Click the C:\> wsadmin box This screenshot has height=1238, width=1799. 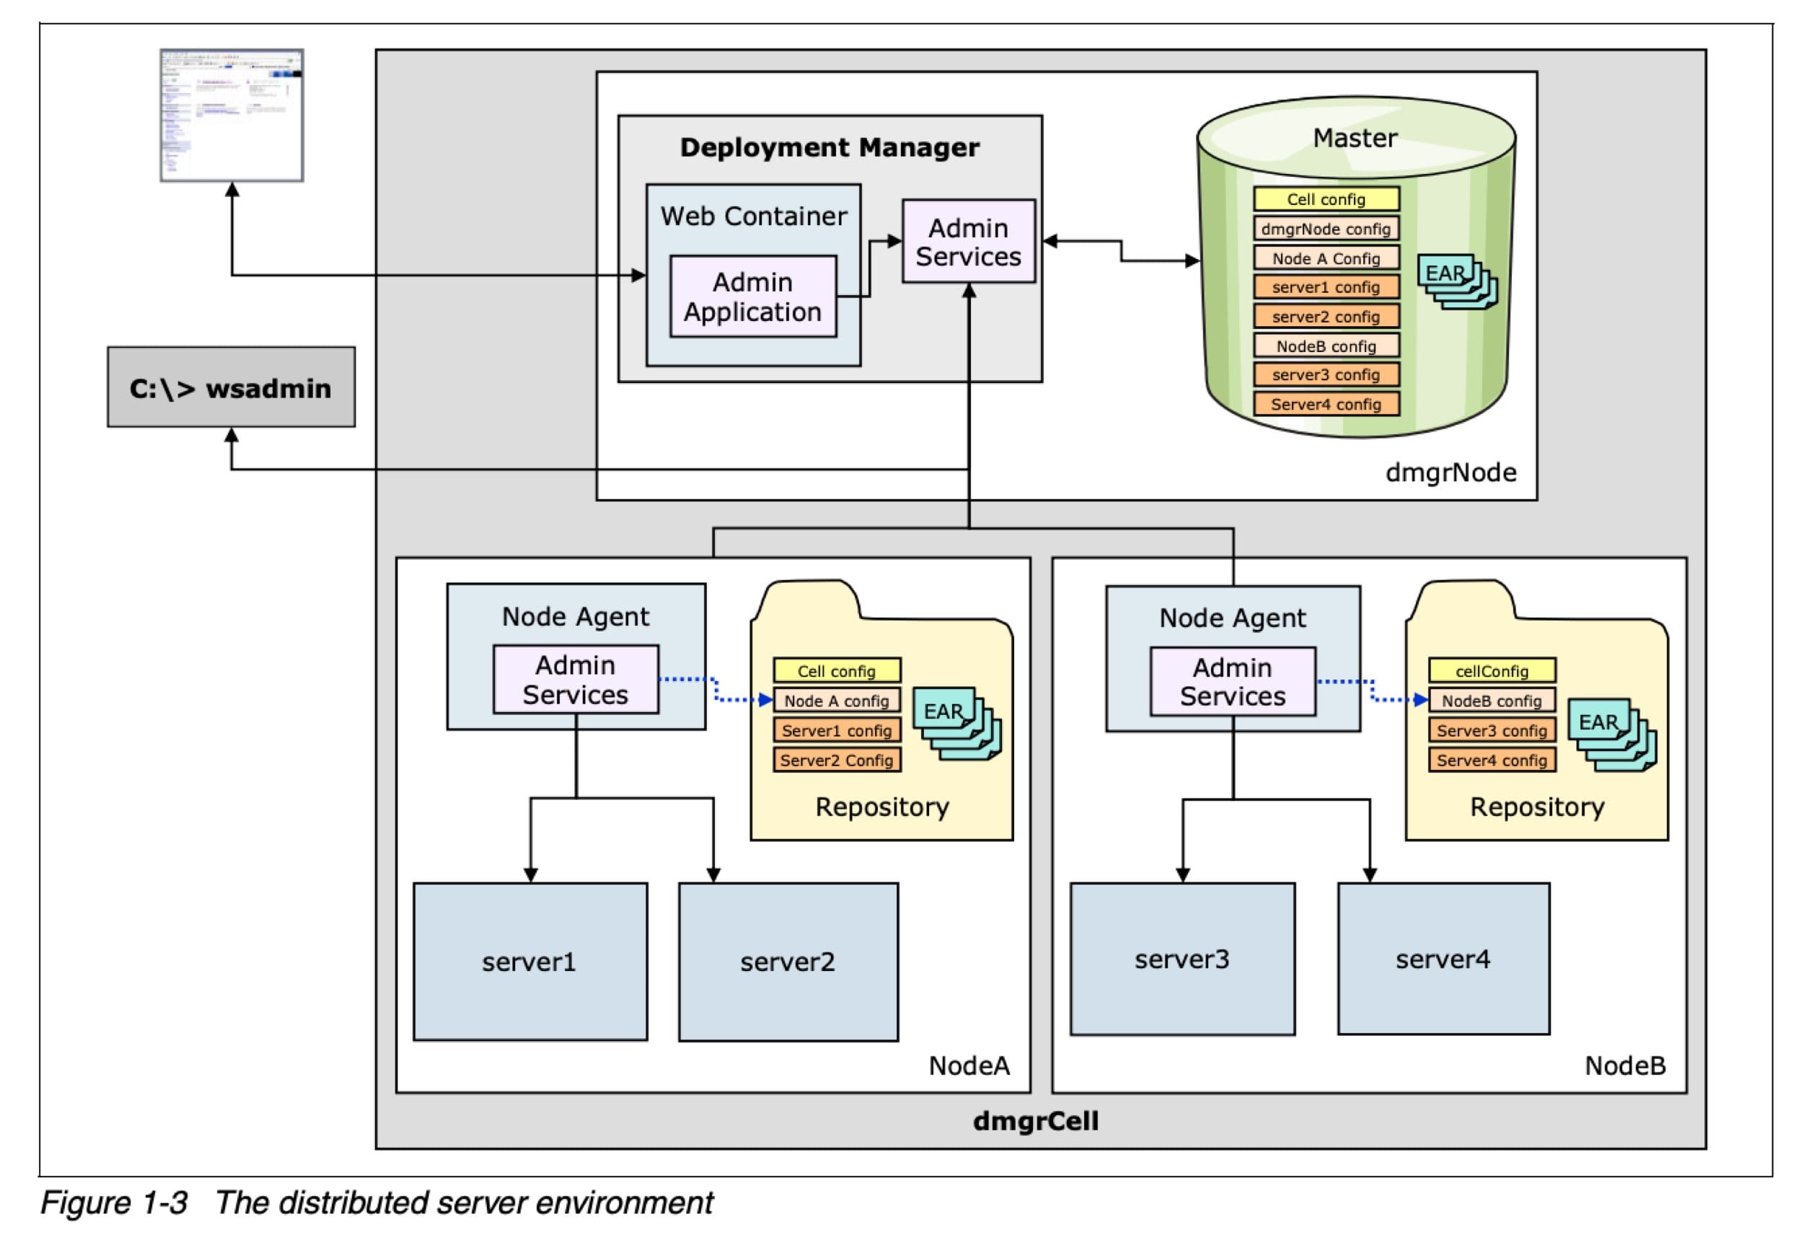click(x=231, y=387)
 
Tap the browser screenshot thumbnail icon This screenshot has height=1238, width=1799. click(x=231, y=115)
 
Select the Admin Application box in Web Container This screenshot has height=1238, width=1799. click(x=752, y=297)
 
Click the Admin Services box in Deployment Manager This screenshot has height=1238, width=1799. click(x=968, y=241)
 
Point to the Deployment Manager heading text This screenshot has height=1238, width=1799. click(x=829, y=147)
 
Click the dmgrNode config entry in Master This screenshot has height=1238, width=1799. click(x=1325, y=229)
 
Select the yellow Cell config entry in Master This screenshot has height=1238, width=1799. click(x=1325, y=199)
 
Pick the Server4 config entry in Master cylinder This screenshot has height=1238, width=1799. click(x=1325, y=404)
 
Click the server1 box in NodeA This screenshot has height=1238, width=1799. click(x=529, y=961)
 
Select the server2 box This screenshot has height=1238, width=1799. click(x=788, y=961)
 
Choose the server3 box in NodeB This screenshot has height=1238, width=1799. click(x=1182, y=959)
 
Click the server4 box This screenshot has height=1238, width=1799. click(x=1443, y=959)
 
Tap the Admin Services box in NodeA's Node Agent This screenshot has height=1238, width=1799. click(x=576, y=680)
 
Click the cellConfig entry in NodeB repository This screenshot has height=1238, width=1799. click(x=1491, y=671)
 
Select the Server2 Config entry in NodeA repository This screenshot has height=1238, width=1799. click(x=836, y=760)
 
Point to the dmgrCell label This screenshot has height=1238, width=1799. click(x=1035, y=1121)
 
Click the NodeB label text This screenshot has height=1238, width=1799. click(x=1624, y=1066)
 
